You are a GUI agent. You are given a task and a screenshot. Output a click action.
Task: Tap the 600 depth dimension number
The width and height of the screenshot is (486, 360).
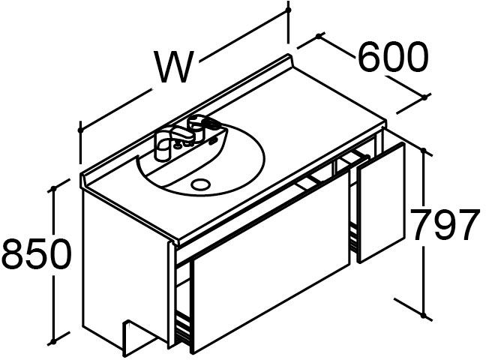[x=393, y=57]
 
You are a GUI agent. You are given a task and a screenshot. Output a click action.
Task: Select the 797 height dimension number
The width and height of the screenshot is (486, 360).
[x=444, y=226]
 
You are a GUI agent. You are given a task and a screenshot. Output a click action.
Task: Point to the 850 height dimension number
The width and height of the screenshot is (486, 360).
[x=36, y=255]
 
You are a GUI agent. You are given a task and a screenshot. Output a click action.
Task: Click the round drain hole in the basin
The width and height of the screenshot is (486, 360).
[x=202, y=183]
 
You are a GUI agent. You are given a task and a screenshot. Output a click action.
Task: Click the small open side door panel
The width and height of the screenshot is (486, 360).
[x=381, y=202]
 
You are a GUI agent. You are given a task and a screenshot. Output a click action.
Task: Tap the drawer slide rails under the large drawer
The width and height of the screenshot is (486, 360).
[x=182, y=327]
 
